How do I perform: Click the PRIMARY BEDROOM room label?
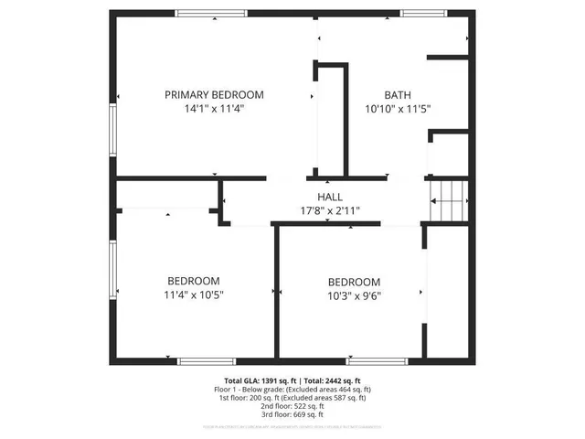(x=214, y=94)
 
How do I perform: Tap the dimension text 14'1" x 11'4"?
(x=214, y=108)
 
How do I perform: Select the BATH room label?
(x=397, y=94)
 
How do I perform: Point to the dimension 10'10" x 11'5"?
(x=397, y=108)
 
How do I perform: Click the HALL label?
(x=330, y=197)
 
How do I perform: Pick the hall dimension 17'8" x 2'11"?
(x=330, y=210)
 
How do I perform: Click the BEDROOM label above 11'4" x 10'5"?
(x=193, y=281)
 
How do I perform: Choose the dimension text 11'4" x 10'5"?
(x=193, y=294)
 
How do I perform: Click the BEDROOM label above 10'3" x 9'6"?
(x=354, y=283)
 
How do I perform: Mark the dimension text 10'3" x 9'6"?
(x=354, y=296)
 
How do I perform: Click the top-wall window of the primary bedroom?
(x=211, y=13)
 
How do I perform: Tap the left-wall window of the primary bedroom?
(x=113, y=132)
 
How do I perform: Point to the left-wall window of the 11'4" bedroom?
(x=113, y=270)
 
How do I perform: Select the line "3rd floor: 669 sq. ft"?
(x=293, y=414)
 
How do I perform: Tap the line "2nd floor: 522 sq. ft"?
(x=293, y=406)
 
